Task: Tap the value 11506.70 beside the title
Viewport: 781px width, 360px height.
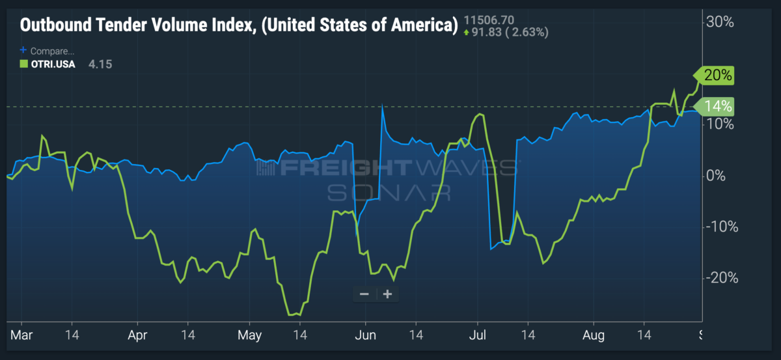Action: (489, 20)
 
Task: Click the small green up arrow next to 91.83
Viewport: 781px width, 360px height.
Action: (467, 33)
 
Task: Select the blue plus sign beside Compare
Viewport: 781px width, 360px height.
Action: (23, 50)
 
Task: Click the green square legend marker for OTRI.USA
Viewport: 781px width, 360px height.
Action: (23, 64)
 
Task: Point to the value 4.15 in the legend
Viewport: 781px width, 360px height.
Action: (100, 64)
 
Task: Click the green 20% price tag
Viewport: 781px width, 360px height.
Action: (714, 76)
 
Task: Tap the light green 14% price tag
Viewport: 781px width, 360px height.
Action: (714, 106)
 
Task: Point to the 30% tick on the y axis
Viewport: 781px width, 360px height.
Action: (720, 22)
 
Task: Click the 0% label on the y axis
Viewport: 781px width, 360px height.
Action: (715, 176)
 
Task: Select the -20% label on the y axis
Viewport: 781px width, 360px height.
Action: (722, 278)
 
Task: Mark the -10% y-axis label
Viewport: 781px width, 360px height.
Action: (722, 227)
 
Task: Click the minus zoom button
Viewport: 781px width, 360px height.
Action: (364, 294)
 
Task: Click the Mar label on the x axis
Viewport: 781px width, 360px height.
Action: (21, 335)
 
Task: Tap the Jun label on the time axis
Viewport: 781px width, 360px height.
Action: (365, 335)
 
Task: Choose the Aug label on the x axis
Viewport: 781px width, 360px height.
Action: (594, 335)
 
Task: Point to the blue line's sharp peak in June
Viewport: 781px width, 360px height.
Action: (382, 105)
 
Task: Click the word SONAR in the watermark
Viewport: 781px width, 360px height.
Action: (389, 193)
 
